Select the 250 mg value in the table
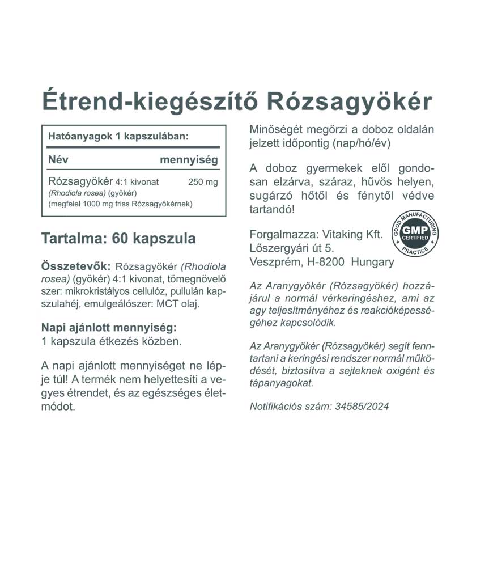point(202,182)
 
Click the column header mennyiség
point(189,160)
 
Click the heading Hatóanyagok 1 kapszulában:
point(118,137)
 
